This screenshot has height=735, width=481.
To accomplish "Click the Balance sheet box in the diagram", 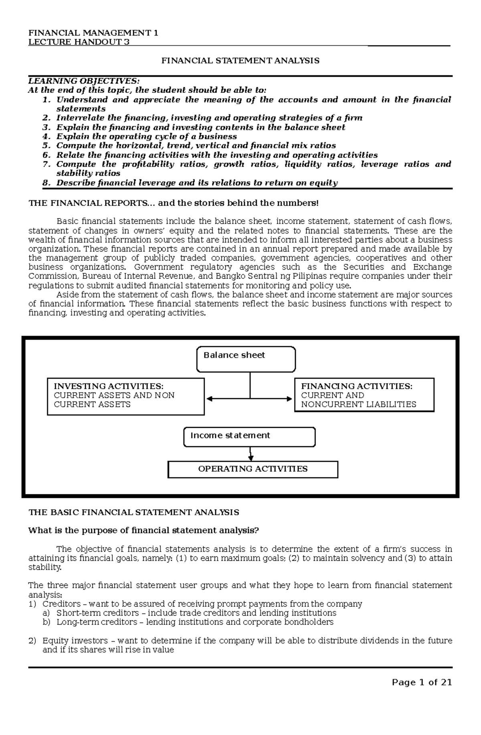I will click(246, 359).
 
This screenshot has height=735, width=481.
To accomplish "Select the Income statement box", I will click(249, 436).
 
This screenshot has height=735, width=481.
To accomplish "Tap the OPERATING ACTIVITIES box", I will click(253, 469).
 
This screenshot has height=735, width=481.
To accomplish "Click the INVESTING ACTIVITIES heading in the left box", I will click(109, 386).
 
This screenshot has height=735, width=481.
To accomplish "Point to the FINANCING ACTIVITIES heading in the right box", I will click(356, 386).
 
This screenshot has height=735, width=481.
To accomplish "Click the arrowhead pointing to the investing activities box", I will click(210, 399).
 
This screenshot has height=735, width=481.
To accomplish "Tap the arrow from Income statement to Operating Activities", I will click(251, 454).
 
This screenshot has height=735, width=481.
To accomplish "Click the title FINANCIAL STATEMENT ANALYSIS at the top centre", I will click(240, 61).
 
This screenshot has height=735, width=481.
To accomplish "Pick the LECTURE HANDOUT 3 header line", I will click(79, 42).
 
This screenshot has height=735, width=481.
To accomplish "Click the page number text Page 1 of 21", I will click(422, 683).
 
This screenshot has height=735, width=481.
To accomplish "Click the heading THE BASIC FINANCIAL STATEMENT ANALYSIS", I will click(134, 512).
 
